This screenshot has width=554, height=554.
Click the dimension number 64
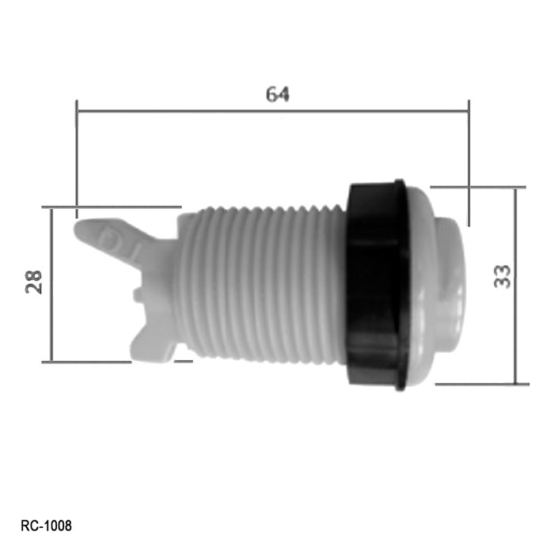pos(277,94)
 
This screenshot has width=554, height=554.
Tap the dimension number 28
pos(33,282)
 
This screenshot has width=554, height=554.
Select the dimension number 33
pos(502,277)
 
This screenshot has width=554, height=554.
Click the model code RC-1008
pos(46,526)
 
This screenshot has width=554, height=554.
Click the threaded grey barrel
pos(261,285)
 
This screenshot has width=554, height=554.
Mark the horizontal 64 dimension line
pos(273,111)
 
